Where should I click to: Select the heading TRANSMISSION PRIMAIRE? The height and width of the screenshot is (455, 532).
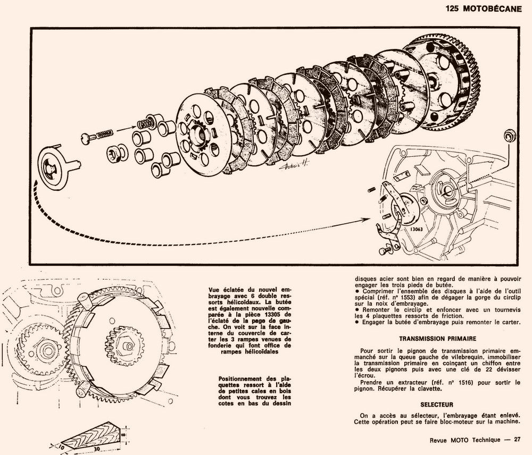(437, 338)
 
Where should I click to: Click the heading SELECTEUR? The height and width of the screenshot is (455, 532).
(437, 405)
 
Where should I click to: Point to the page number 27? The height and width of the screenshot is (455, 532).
(517, 439)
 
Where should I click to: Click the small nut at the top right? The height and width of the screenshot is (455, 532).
(510, 134)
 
